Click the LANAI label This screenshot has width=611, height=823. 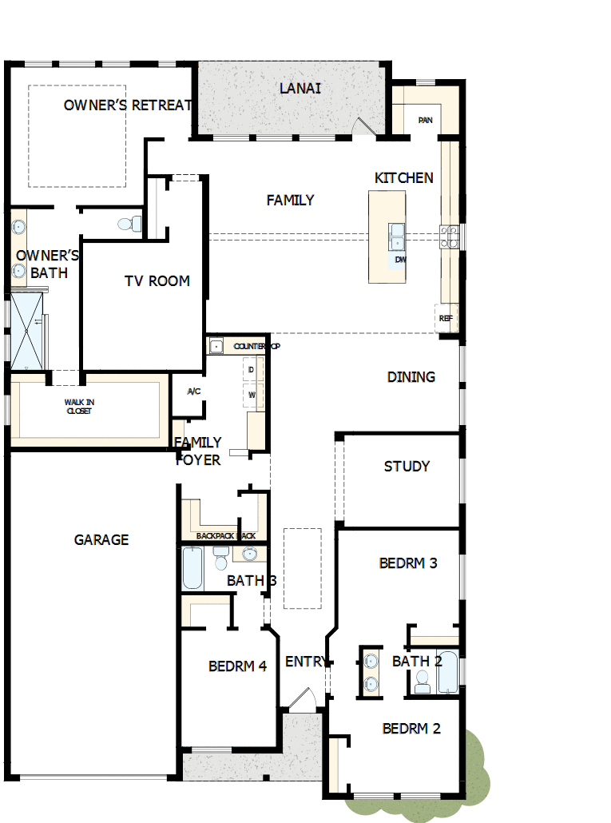[x=300, y=88]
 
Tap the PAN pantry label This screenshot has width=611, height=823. [x=426, y=121]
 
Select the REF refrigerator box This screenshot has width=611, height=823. [x=446, y=318]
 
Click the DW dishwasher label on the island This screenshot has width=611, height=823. [x=400, y=260]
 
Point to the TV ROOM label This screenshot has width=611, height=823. [x=157, y=280]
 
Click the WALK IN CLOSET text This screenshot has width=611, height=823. [x=78, y=407]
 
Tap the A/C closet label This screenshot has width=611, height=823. [x=193, y=392]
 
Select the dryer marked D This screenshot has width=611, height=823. [x=252, y=370]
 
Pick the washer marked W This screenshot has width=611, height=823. [x=252, y=395]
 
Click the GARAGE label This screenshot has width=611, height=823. [x=101, y=540]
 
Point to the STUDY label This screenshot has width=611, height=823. [x=407, y=467]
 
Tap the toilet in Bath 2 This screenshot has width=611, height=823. [x=423, y=681]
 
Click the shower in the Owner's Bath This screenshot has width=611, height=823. [x=27, y=330]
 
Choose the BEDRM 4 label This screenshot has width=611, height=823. [x=237, y=666]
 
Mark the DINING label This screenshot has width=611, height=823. [x=411, y=377]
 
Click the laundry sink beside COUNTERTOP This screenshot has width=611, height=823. [x=216, y=346]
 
